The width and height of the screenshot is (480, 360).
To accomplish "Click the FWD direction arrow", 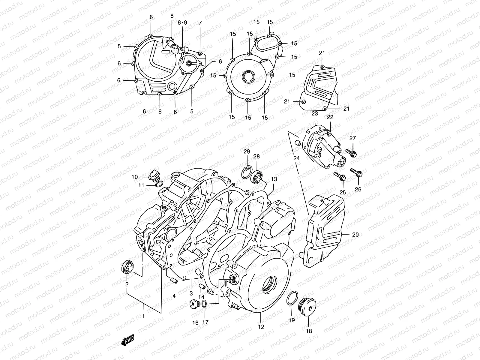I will (127, 340).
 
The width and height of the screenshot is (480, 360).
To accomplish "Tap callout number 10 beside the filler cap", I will (135, 177).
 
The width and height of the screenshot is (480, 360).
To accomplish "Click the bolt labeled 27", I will (351, 153).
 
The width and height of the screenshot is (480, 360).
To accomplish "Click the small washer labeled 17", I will (204, 304).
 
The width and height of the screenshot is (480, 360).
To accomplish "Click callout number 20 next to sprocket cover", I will (355, 235).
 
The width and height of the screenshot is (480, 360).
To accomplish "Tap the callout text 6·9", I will (182, 23).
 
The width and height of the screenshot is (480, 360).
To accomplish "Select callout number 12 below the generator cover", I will (261, 327).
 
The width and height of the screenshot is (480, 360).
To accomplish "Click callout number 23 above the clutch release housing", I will (314, 114).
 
